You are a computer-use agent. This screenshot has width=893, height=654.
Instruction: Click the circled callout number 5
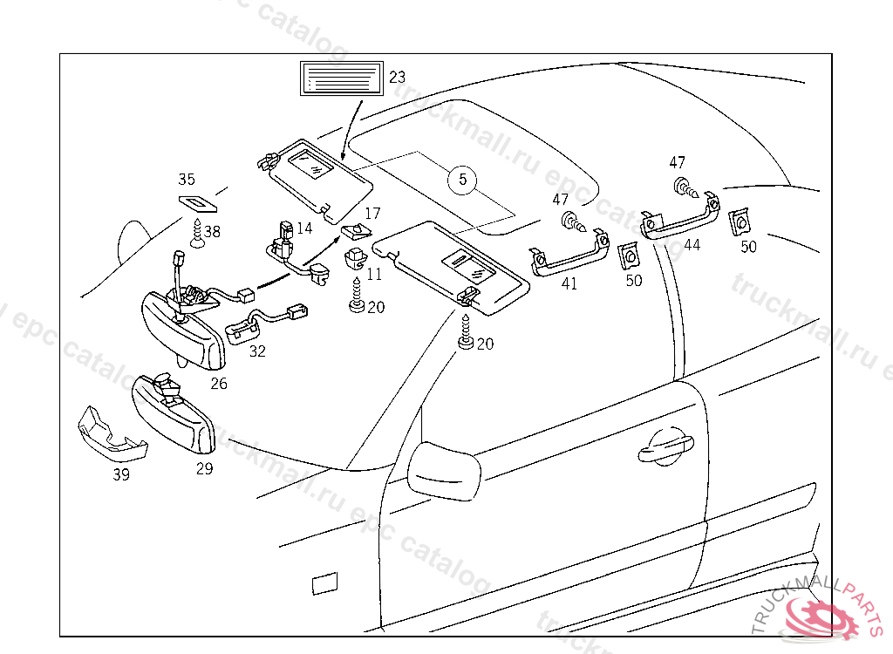[x=463, y=180]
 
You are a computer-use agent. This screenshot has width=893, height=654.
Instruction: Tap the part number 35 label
[x=187, y=180]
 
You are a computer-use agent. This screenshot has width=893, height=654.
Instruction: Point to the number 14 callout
[x=303, y=228]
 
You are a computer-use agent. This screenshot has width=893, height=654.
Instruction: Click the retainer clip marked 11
[x=356, y=257]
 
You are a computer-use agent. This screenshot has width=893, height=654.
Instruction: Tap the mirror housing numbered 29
[x=174, y=413]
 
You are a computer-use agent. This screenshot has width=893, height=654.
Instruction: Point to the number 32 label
[x=257, y=351]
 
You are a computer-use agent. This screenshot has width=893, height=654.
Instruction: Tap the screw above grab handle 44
[x=683, y=186]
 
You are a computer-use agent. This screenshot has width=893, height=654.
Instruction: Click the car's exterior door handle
[x=665, y=448]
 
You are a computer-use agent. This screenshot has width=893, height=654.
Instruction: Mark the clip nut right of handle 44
[x=740, y=222]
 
